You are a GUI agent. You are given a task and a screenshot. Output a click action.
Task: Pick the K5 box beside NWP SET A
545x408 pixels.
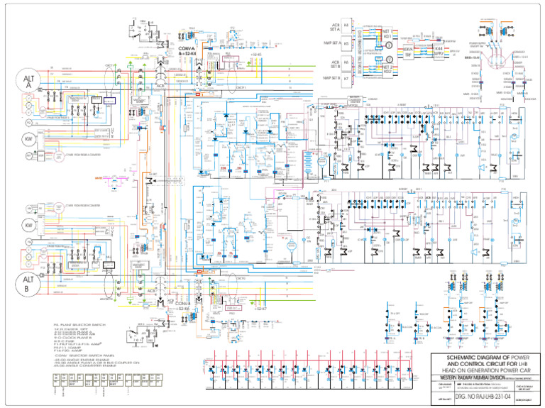click(346, 42)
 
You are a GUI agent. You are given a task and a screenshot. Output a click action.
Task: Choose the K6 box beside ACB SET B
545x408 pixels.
click(346, 62)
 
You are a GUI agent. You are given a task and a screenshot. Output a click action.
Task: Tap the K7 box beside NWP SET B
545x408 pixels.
click(346, 78)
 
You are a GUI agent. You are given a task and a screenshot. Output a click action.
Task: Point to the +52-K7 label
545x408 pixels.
click(260, 310)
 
